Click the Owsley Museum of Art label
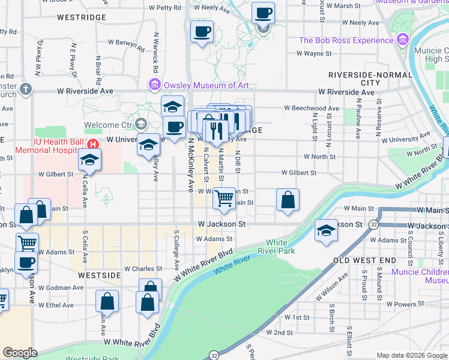click(207, 85)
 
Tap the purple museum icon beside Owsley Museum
click(155, 85)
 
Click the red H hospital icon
click(92, 144)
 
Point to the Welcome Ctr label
click(108, 125)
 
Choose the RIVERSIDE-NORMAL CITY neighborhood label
click(370, 78)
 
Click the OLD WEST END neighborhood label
click(364, 260)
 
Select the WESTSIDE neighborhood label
click(99, 275)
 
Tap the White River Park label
click(276, 247)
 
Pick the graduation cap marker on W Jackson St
click(326, 230)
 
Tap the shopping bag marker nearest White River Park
click(288, 200)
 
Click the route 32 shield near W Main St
click(373, 224)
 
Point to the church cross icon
click(25, 89)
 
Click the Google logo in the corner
click(20, 353)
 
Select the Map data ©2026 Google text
click(412, 355)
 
